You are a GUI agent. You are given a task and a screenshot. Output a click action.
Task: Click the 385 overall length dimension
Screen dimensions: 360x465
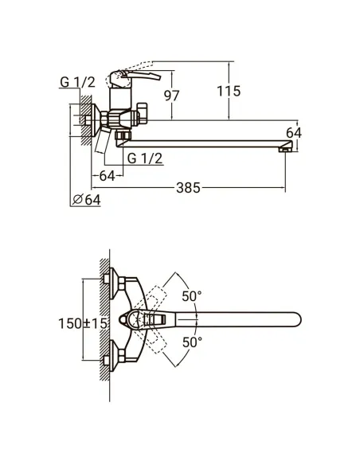click(188, 188)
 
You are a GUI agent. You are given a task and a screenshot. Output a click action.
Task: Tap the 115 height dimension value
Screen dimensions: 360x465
click(229, 91)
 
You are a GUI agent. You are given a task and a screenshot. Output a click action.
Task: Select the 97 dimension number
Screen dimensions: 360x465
click(172, 96)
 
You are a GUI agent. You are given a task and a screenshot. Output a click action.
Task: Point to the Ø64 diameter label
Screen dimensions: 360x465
click(86, 200)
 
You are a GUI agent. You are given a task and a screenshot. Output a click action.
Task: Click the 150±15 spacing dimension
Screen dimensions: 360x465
click(83, 323)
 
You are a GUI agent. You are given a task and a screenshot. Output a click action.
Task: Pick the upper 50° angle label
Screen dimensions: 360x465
click(192, 296)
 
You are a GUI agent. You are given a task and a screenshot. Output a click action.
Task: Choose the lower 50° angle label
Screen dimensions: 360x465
click(192, 342)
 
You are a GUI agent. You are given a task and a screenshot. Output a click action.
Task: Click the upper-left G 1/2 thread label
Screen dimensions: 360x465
click(77, 82)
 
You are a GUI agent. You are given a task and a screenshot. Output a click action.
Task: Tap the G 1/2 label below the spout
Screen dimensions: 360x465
click(145, 158)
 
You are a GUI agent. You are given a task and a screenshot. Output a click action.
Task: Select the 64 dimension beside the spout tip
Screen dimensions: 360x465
click(294, 133)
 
